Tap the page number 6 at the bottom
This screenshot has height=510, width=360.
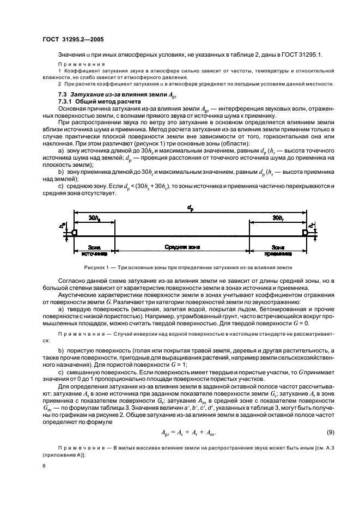[x=44, y=466]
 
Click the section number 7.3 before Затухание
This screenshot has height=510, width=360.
[x=63, y=95]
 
